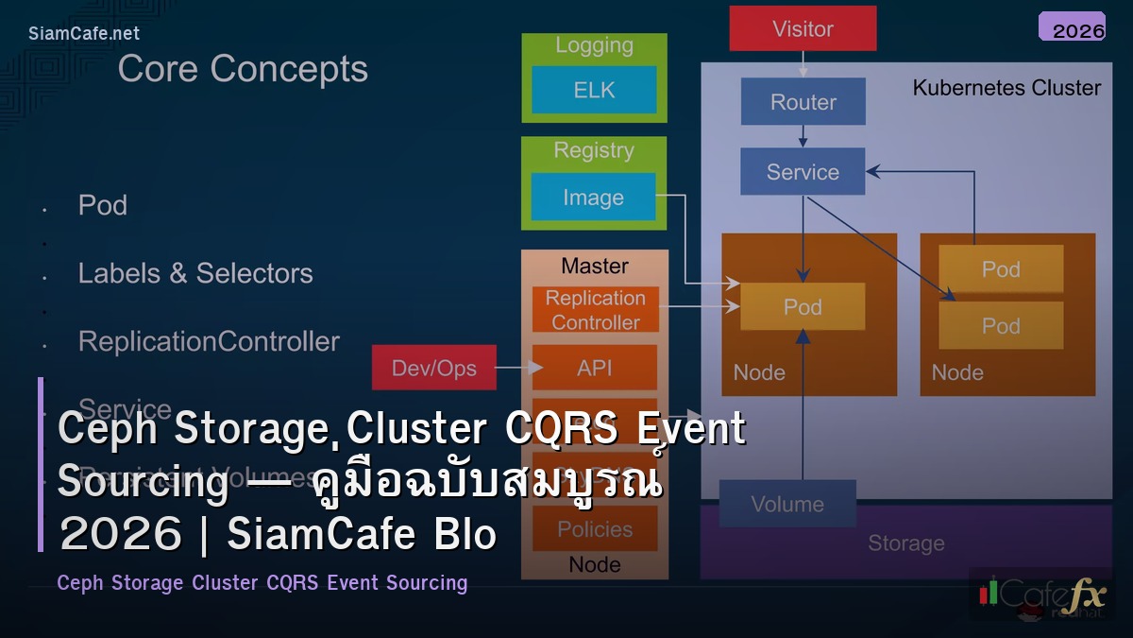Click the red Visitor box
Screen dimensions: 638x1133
pyautogui.click(x=803, y=28)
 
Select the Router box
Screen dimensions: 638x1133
pyautogui.click(x=803, y=102)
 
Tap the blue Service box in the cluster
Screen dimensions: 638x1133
pyautogui.click(x=803, y=172)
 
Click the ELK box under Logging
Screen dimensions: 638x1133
pyautogui.click(x=594, y=90)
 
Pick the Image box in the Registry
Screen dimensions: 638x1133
pyautogui.click(x=593, y=198)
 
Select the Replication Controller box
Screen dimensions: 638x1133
pyautogui.click(x=595, y=310)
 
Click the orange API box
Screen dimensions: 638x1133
pyautogui.click(x=595, y=368)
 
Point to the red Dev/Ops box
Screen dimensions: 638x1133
pyautogui.click(x=433, y=368)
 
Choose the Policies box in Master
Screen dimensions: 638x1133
pyautogui.click(x=595, y=528)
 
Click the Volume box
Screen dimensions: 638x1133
pyautogui.click(x=787, y=504)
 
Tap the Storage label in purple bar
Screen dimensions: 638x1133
pyautogui.click(x=905, y=543)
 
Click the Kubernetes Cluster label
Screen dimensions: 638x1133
pyautogui.click(x=1006, y=88)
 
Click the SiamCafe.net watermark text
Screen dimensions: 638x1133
pyautogui.click(x=84, y=33)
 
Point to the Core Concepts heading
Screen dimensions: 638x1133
pyautogui.click(x=243, y=69)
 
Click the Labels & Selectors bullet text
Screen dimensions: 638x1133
pyautogui.click(x=195, y=273)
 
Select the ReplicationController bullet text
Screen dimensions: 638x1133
pyautogui.click(x=209, y=341)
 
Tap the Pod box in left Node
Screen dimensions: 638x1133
pyautogui.click(x=803, y=307)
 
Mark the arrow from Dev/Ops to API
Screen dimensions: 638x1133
pyautogui.click(x=514, y=368)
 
